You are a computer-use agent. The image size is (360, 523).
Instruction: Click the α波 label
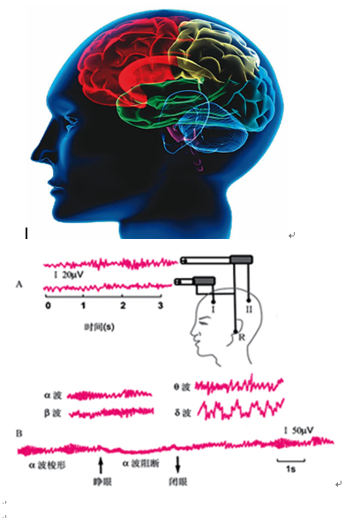[53, 396]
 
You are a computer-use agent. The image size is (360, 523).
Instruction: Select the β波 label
[53, 414]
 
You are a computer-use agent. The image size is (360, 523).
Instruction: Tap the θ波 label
[182, 387]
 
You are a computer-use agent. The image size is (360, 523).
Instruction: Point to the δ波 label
[183, 414]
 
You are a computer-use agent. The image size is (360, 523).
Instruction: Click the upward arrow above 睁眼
[101, 465]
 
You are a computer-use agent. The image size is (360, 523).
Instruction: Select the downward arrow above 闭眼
[177, 465]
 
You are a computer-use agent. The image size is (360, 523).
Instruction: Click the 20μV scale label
[72, 275]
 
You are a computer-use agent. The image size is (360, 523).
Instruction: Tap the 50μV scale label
[303, 430]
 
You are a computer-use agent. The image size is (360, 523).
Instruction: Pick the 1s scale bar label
[290, 469]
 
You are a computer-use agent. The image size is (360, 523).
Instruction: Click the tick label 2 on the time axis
[123, 305]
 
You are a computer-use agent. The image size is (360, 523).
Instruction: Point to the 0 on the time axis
[48, 305]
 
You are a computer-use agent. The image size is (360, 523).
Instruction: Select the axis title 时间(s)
[99, 327]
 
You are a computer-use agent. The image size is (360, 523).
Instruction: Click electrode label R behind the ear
[242, 338]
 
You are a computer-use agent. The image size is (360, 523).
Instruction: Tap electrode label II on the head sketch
[249, 310]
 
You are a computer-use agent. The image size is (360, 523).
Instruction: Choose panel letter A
[19, 285]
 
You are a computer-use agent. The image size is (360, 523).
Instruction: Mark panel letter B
[19, 433]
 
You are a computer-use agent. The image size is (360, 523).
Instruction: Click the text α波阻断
[141, 463]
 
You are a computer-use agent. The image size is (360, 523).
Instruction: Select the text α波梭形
[47, 466]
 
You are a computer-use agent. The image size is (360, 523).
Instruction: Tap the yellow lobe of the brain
[214, 55]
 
